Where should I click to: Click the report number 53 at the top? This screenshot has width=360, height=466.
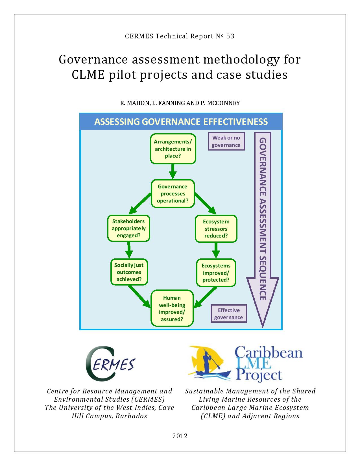click(x=230, y=36)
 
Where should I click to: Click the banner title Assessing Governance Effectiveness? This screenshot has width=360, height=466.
click(x=181, y=122)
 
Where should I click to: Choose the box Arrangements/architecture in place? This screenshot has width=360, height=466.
click(x=173, y=149)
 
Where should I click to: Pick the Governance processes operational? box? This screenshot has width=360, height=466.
click(x=173, y=194)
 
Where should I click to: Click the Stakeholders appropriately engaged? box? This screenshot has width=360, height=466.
click(x=129, y=228)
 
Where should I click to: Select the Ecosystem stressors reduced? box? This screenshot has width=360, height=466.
click(x=216, y=229)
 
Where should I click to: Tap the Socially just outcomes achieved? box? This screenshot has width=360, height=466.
click(x=129, y=272)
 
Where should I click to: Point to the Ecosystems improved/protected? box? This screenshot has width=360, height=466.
click(x=216, y=273)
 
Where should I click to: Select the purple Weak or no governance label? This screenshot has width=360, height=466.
click(x=226, y=141)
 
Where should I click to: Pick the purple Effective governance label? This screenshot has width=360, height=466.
click(x=228, y=314)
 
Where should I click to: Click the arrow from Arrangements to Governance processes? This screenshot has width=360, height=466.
click(x=173, y=171)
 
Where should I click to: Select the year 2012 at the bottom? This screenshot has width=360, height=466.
click(x=180, y=436)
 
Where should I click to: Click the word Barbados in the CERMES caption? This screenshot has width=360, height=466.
click(x=131, y=416)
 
